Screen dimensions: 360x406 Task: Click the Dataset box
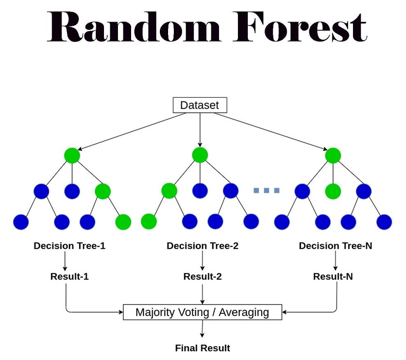click(x=200, y=105)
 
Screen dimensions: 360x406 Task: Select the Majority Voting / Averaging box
click(x=202, y=312)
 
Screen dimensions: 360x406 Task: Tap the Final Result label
click(x=203, y=349)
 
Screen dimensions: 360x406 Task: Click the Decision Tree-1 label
click(x=69, y=246)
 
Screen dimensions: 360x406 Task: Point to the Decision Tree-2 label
click(x=202, y=246)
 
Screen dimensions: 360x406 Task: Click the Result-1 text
click(x=69, y=276)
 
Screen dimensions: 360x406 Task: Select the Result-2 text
click(x=202, y=276)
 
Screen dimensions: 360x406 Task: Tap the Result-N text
click(x=333, y=276)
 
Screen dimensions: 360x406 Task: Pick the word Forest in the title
click(x=300, y=27)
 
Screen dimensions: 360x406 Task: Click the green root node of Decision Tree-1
click(x=72, y=155)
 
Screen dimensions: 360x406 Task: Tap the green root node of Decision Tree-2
click(x=200, y=155)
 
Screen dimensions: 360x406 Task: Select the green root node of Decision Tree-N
click(x=333, y=155)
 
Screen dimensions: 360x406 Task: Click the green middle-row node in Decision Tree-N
click(x=333, y=191)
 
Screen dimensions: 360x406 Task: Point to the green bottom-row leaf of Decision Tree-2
click(x=149, y=222)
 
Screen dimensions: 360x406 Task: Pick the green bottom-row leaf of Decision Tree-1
click(x=123, y=222)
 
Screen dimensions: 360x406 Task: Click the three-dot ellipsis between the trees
click(x=266, y=190)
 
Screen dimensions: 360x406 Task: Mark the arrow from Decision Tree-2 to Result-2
click(x=202, y=261)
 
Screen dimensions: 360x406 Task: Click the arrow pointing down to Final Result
click(x=202, y=330)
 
